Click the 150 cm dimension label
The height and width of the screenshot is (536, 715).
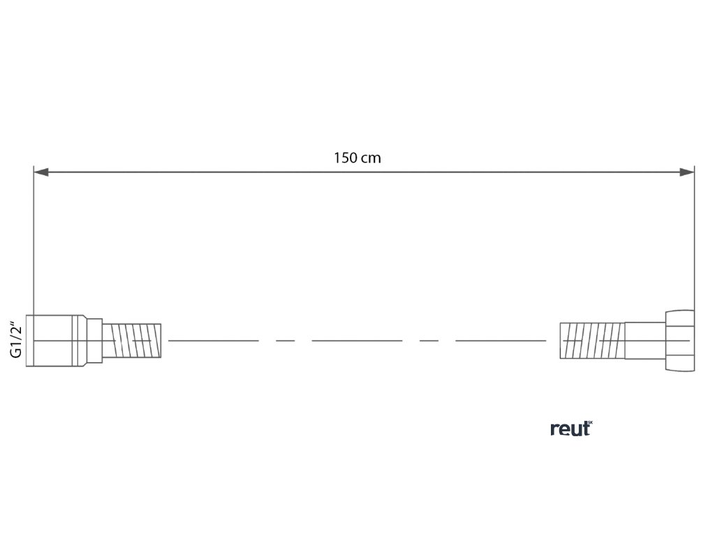click(x=357, y=158)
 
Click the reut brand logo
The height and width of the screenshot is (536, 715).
click(x=570, y=429)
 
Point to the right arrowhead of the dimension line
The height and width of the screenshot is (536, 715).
click(x=687, y=172)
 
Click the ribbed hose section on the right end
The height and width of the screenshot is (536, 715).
click(x=593, y=340)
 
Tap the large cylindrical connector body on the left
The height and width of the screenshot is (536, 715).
click(x=56, y=340)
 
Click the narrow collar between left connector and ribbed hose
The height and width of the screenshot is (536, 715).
click(x=95, y=340)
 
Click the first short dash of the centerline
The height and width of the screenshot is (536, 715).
click(x=285, y=341)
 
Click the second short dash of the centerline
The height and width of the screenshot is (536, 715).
click(x=429, y=341)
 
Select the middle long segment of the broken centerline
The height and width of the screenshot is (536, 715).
click(x=357, y=341)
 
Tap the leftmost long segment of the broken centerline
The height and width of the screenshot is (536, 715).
click(x=213, y=341)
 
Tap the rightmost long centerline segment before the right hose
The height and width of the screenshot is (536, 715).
click(x=501, y=341)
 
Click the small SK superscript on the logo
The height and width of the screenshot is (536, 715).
click(x=590, y=423)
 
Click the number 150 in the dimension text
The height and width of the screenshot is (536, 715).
click(x=346, y=158)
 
